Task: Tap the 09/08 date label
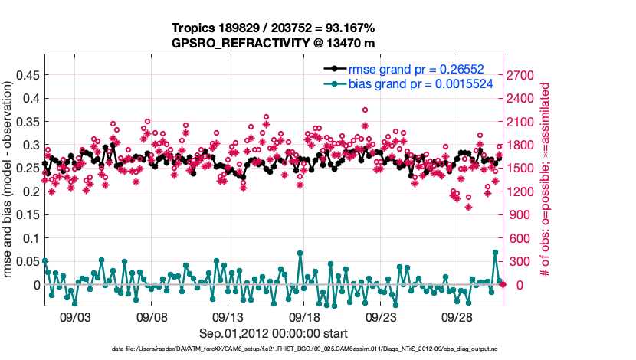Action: tap(151, 316)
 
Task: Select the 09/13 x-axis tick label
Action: tap(228, 316)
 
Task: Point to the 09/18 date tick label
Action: tap(304, 316)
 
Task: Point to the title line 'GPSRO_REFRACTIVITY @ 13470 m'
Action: tap(274, 43)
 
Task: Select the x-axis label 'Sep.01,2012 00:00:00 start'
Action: tap(274, 333)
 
